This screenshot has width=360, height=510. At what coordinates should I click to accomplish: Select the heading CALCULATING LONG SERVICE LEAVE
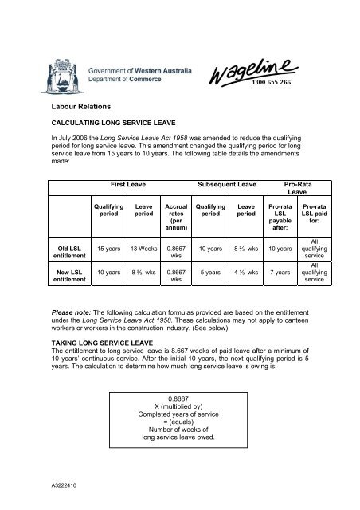(x=116, y=124)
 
